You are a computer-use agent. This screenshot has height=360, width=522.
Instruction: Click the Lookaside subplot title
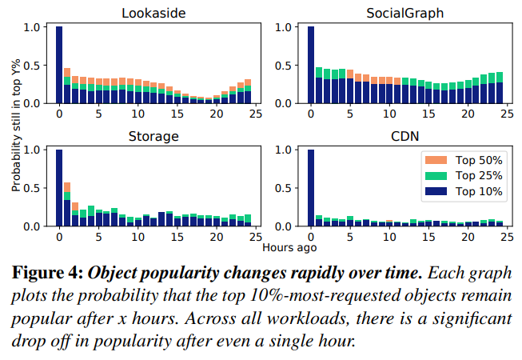pos(153,13)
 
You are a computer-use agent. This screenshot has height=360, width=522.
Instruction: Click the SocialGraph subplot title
pos(406,13)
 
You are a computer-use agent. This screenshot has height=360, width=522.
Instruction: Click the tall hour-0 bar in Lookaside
pos(59,65)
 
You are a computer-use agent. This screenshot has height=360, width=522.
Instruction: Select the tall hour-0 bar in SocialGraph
pos(311,65)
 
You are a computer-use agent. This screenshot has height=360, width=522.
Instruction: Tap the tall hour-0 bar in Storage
pos(59,188)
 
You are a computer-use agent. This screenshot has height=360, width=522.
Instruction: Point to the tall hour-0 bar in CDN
pos(311,188)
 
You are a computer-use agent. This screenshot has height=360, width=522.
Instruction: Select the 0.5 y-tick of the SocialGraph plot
pos(282,66)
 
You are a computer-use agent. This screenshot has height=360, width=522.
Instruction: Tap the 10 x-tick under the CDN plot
pos(389,238)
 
